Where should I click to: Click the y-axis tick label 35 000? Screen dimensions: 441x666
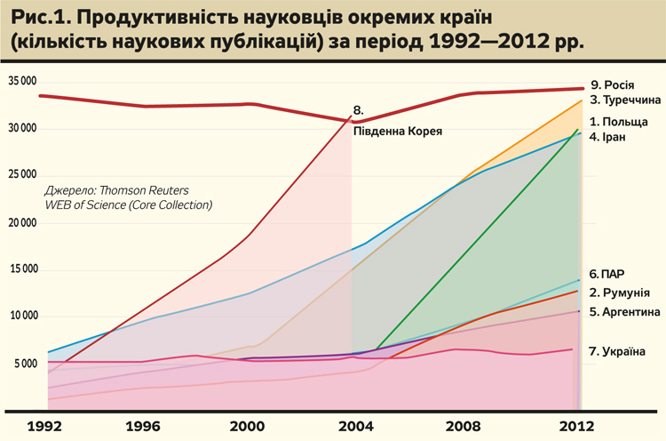point(24,81)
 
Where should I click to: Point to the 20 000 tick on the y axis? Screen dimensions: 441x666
point(24,222)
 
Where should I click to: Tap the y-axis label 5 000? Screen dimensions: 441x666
point(27,364)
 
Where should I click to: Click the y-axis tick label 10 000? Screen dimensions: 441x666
point(24,317)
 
